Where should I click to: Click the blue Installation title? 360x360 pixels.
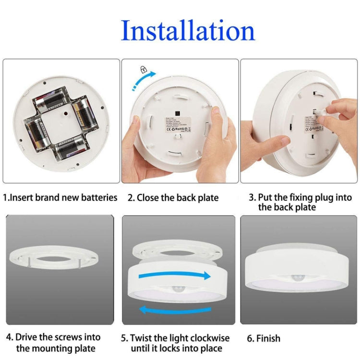(188, 31)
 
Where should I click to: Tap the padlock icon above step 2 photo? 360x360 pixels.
(143, 70)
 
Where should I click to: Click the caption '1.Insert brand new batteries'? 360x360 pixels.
(60, 197)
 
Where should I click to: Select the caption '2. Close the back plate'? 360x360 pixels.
(173, 197)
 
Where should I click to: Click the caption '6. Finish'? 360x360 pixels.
(264, 338)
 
